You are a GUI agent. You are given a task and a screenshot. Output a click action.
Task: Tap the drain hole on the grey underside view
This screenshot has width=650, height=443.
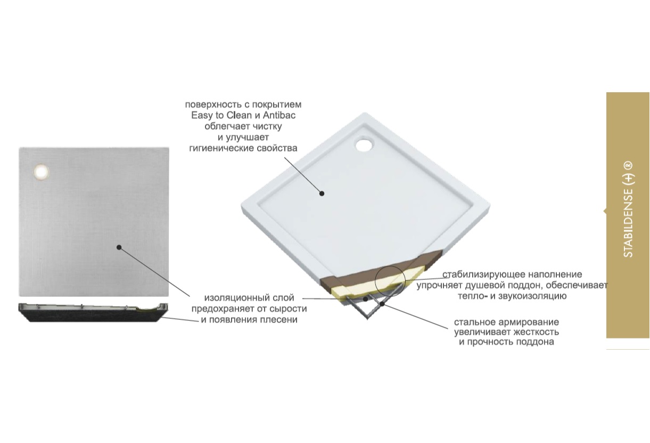point(41,172)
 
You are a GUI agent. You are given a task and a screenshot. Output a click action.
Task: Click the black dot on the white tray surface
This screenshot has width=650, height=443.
point(322,194)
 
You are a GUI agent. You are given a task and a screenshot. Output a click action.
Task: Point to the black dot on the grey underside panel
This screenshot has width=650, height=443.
point(119,247)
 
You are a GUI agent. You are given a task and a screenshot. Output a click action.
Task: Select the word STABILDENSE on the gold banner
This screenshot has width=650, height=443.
point(628,223)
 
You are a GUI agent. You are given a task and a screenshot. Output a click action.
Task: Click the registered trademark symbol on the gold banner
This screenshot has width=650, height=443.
point(628,165)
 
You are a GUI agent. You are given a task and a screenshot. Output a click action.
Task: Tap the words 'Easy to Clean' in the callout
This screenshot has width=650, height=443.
point(221,115)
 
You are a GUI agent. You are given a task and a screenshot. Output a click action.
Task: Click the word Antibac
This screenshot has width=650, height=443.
point(279,115)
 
